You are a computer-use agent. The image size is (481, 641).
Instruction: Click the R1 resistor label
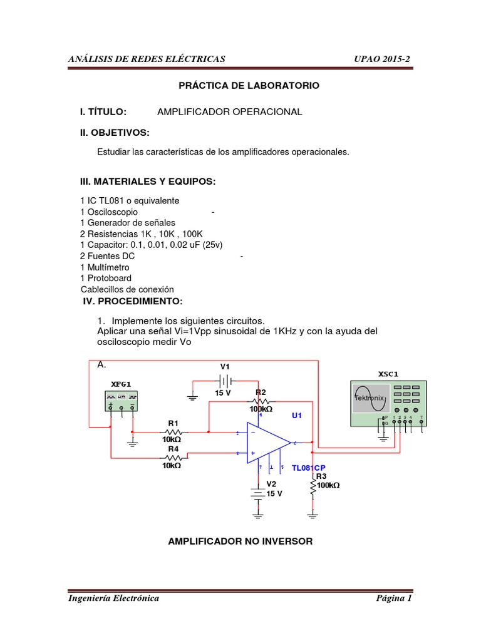click(173, 423)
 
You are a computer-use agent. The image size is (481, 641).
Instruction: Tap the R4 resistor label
click(173, 449)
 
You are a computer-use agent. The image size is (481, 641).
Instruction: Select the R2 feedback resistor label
click(261, 392)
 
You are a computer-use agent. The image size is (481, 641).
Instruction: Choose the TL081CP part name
click(309, 468)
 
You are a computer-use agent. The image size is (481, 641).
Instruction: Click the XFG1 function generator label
click(122, 384)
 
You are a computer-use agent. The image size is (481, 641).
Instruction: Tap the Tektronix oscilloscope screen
click(369, 397)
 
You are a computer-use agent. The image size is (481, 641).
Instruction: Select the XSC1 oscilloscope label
click(388, 374)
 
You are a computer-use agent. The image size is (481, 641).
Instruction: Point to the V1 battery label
click(225, 366)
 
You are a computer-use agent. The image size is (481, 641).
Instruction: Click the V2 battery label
click(271, 484)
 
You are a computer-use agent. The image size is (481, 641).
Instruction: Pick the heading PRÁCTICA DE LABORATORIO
click(249, 85)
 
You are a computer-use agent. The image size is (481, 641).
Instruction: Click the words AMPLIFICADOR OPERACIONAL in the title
click(229, 111)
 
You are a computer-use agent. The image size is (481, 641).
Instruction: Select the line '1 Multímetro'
click(105, 267)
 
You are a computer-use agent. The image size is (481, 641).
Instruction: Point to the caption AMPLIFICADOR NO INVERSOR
click(240, 540)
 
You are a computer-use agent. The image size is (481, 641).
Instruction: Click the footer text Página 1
click(393, 598)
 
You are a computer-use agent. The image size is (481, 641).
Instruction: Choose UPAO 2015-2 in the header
click(382, 59)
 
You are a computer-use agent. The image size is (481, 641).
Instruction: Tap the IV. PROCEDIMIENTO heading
click(133, 301)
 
